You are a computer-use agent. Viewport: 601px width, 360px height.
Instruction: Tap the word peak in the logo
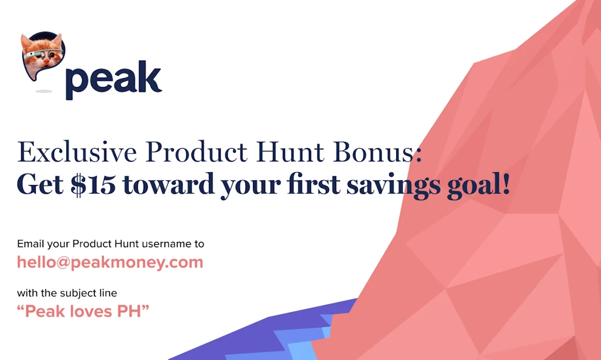113,80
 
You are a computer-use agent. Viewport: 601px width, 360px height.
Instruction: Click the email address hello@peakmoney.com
110,262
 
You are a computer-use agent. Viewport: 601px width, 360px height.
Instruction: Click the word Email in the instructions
29,244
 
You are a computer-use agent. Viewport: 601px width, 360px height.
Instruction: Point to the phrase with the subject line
67,293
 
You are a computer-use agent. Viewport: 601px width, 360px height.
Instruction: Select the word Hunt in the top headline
278,152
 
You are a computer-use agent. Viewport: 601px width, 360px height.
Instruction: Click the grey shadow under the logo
43,92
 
